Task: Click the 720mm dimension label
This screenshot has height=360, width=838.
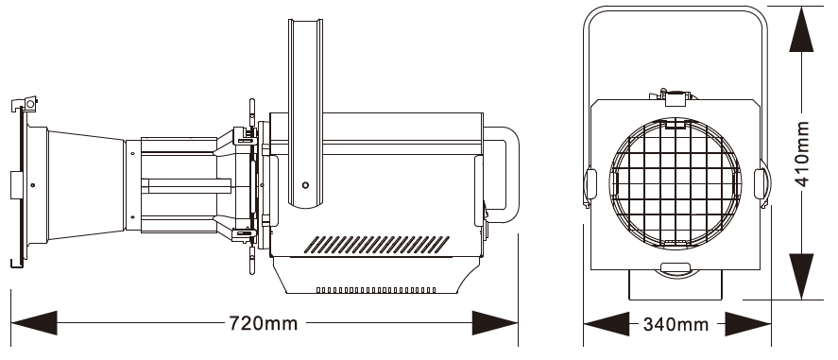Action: point(263,323)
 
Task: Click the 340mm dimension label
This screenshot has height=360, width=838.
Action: point(676,324)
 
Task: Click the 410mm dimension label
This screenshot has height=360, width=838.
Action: point(802,154)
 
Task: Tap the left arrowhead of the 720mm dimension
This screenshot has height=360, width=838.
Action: point(34,323)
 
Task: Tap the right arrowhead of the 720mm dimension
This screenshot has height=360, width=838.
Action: point(495,323)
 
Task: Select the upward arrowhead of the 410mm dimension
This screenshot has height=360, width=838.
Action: point(801,29)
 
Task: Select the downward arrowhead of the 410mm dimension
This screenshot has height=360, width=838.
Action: point(801,277)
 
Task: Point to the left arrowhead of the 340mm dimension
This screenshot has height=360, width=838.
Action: point(606,324)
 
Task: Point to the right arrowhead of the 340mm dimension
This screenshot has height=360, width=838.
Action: point(747,324)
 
